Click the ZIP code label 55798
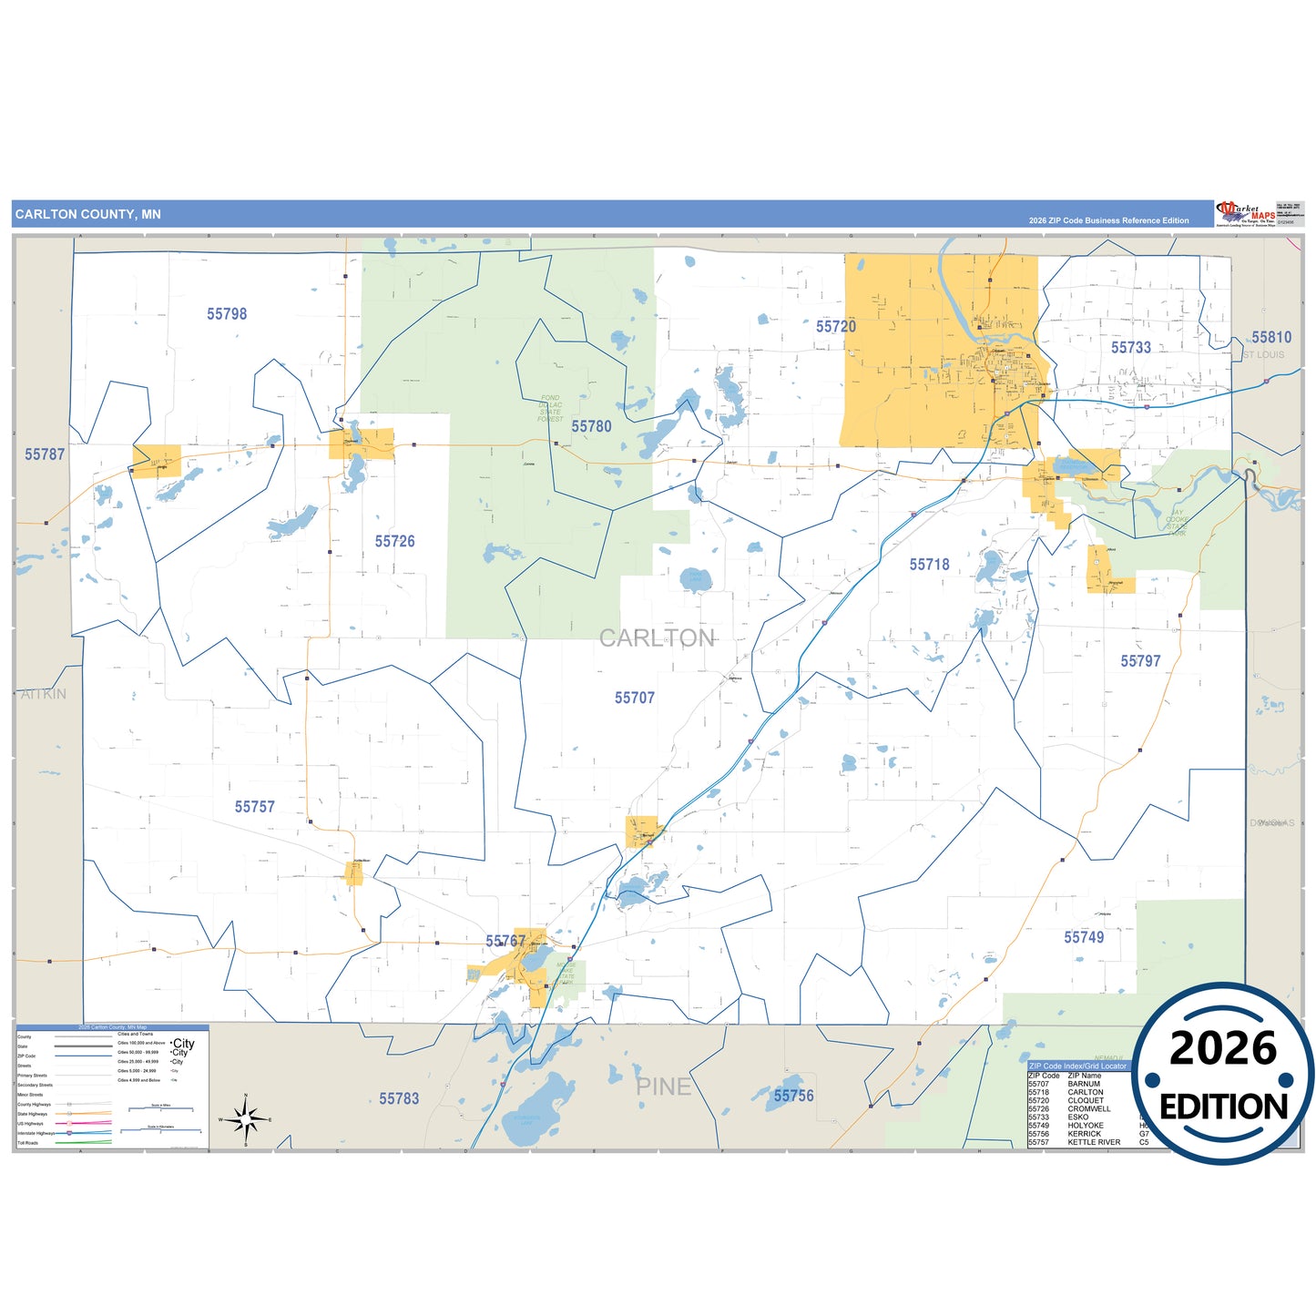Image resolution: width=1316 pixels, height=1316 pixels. click(x=227, y=314)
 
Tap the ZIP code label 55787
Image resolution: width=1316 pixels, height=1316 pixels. click(x=45, y=454)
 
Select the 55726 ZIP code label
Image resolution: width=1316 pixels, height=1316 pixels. click(x=394, y=542)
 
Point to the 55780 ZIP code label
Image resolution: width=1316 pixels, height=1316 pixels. click(x=591, y=427)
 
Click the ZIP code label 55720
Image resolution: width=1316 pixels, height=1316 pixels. click(x=835, y=327)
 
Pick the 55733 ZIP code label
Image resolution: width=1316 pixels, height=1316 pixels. click(x=1130, y=348)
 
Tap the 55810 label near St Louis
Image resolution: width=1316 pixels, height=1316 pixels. click(x=1270, y=338)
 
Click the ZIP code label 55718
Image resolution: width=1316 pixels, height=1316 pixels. click(x=929, y=565)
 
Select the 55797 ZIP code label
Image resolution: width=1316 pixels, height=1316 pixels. click(x=1140, y=662)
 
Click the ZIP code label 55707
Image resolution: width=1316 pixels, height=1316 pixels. click(x=634, y=699)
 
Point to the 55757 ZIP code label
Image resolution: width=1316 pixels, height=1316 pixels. click(x=254, y=808)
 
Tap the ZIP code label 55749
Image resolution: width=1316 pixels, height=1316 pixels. click(x=1084, y=938)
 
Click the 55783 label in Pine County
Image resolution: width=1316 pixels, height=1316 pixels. click(x=399, y=1099)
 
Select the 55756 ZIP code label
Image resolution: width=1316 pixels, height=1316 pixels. click(x=793, y=1097)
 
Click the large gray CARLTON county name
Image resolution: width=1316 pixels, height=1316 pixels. click(x=657, y=638)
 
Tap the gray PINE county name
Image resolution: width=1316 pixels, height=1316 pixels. click(x=663, y=1087)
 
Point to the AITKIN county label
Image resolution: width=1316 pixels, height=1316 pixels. click(x=44, y=695)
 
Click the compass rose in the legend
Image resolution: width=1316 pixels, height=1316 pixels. click(x=246, y=1118)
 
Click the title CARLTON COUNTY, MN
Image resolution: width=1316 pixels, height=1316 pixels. click(x=87, y=215)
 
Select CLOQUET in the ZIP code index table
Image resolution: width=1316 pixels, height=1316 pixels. click(x=1086, y=1101)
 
